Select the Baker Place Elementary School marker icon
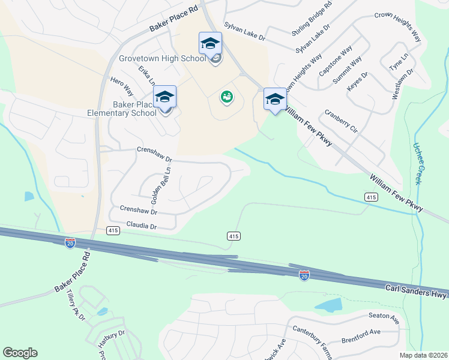tap(165, 97)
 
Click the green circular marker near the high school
tap(226, 96)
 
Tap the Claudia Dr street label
tap(141, 226)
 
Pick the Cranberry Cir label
tap(341, 121)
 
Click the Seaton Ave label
tap(384, 317)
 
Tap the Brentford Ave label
tap(362, 332)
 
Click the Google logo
tap(20, 353)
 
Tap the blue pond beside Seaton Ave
tap(328, 305)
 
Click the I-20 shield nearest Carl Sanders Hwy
tap(304, 275)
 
